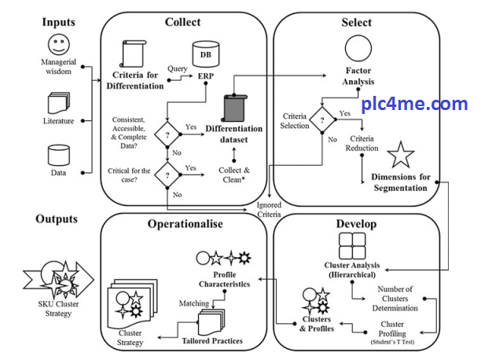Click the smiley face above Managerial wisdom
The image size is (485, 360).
[x=59, y=44]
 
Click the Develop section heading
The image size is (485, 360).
[x=356, y=224]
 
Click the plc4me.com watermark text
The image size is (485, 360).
[x=414, y=103]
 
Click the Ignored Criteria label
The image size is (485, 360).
[x=269, y=209]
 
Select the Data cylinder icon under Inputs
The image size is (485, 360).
[x=59, y=154]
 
